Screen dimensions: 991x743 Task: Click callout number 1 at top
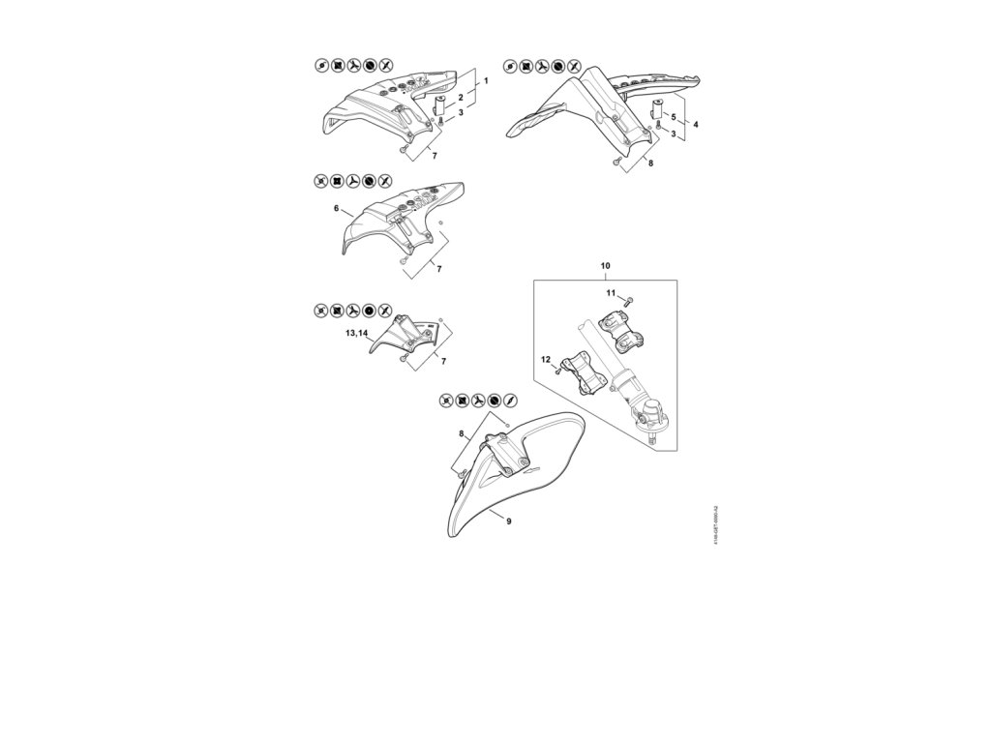[486, 81]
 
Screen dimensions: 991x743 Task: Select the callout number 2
[461, 98]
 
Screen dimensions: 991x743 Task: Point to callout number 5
[674, 117]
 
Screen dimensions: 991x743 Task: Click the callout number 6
[337, 208]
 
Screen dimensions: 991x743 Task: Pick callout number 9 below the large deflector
[509, 520]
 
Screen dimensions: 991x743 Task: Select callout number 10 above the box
[606, 265]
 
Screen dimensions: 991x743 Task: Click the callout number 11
[611, 292]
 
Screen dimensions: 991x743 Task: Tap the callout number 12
[546, 359]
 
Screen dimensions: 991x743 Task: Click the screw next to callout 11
[627, 300]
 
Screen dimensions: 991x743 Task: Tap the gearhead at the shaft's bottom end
[649, 419]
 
